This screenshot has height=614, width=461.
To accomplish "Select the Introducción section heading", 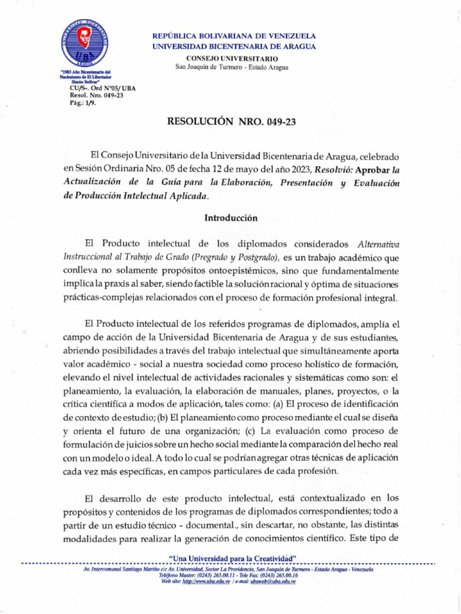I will click(230, 218).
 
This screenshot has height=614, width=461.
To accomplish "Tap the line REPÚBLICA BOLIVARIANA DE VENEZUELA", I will click(234, 37).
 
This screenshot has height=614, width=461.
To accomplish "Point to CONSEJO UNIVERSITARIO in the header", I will click(232, 58).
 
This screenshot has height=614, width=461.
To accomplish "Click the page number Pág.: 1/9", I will click(83, 103).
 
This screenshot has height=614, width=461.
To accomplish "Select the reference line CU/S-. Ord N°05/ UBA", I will click(103, 88).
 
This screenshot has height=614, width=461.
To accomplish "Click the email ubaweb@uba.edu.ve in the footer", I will click(274, 582).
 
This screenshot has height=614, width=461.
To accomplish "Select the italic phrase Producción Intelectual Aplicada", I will click(141, 196).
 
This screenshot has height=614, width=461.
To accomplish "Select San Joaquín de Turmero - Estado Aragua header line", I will click(232, 67).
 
